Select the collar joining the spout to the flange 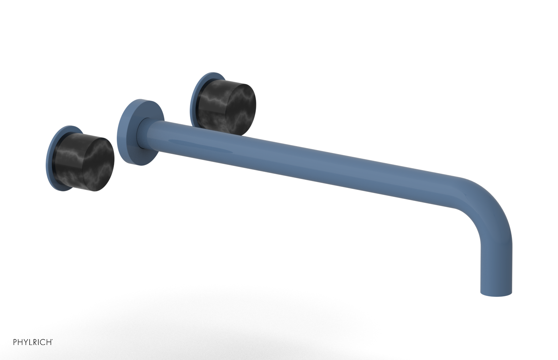[146, 134]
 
